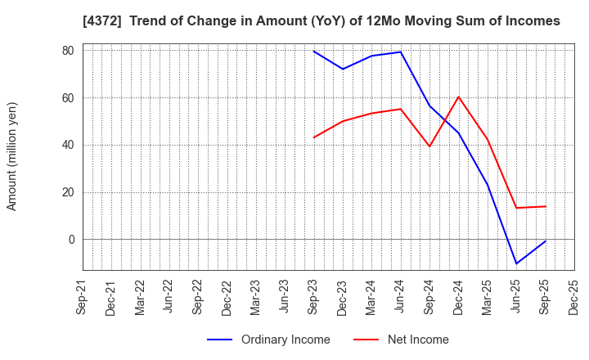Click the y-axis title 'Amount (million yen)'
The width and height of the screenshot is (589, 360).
click(x=12, y=156)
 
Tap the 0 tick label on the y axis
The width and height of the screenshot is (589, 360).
click(x=71, y=240)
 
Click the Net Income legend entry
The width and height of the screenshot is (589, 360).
click(x=401, y=340)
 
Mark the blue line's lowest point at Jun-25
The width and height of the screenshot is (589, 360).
click(x=516, y=263)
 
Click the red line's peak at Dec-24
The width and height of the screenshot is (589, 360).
click(x=458, y=97)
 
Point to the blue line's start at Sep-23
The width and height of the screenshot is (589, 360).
click(x=313, y=52)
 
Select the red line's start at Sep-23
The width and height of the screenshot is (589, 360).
click(x=313, y=137)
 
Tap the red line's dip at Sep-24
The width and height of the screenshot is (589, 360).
click(x=429, y=146)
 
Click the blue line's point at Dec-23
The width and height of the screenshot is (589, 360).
click(x=343, y=69)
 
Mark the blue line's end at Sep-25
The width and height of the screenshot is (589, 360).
click(x=546, y=241)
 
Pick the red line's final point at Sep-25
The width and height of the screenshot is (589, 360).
click(x=546, y=206)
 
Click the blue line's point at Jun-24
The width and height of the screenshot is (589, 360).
click(x=401, y=52)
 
